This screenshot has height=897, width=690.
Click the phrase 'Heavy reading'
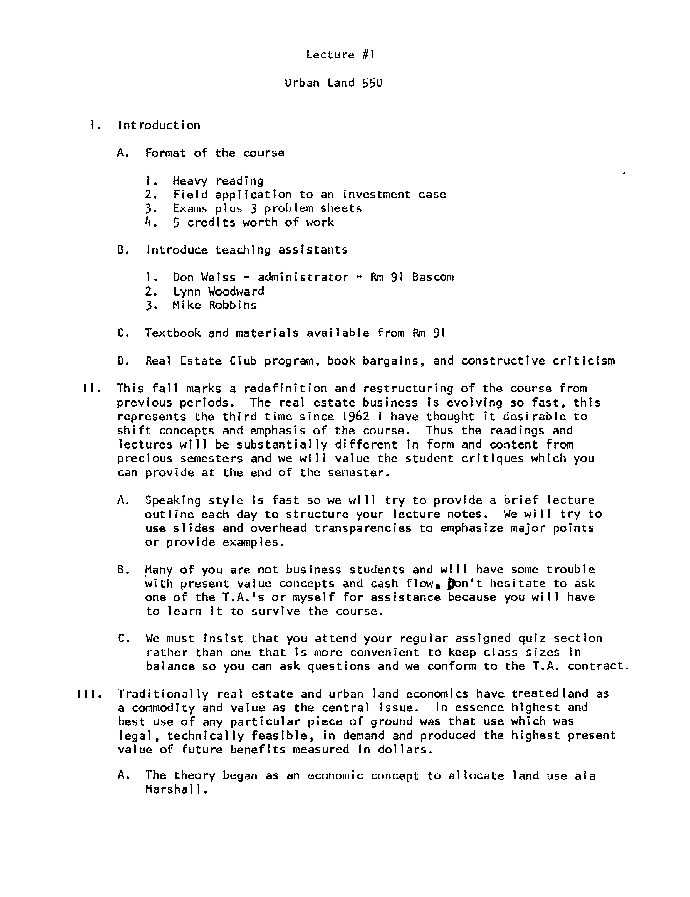(x=218, y=181)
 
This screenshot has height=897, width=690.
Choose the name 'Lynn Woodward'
(x=218, y=291)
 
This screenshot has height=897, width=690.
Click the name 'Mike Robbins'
(x=215, y=305)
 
